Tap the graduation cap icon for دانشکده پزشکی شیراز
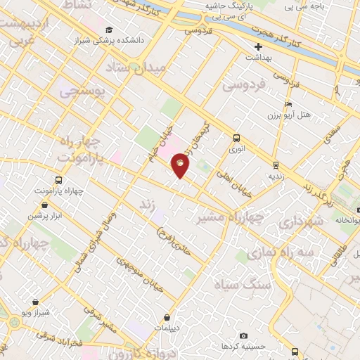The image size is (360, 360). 109,30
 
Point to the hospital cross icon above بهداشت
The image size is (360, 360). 258,46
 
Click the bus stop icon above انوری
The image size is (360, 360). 236,138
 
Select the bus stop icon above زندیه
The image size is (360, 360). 276,163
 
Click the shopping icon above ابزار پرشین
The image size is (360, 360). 45,205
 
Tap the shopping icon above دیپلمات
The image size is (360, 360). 166,317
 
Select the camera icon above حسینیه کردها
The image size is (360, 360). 243,336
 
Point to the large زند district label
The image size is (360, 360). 147,204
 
